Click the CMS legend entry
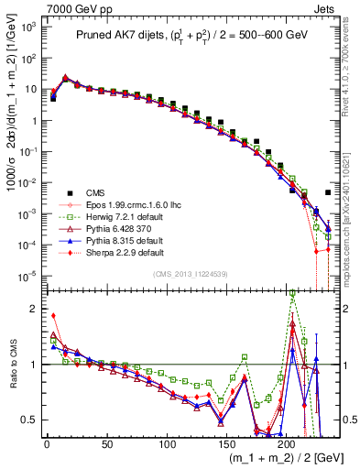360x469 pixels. pyautogui.click(x=94, y=191)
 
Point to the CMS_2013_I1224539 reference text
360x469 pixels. pyautogui.click(x=191, y=274)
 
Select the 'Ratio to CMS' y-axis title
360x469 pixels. pyautogui.click(x=12, y=364)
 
